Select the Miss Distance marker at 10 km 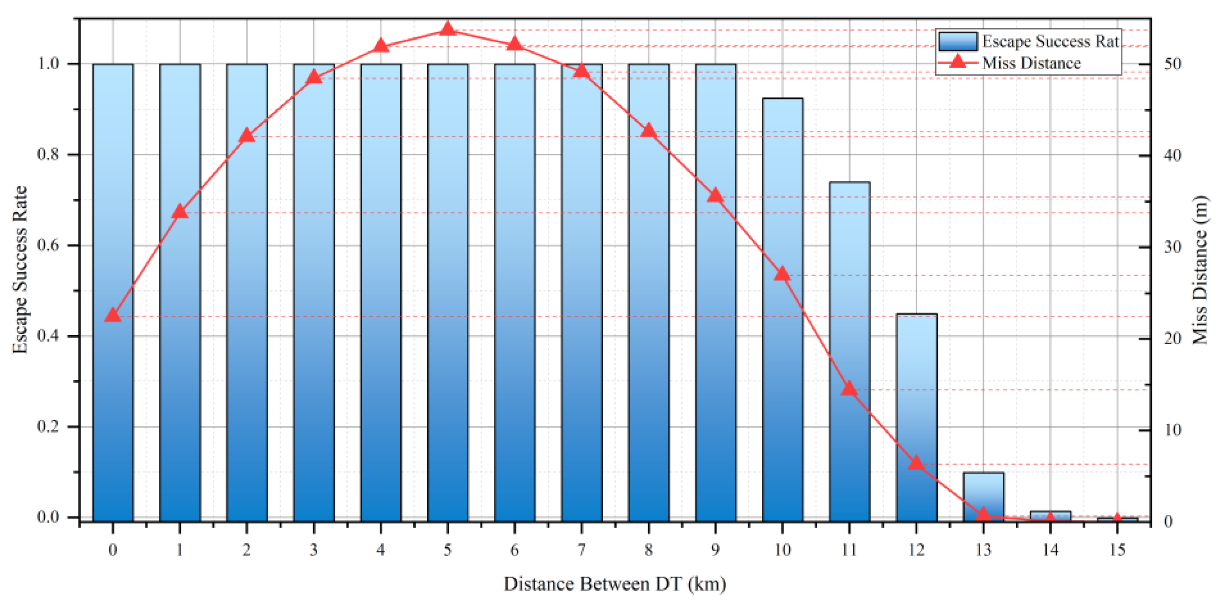click(x=782, y=274)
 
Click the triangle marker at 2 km click(x=247, y=136)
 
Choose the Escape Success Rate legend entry click(x=1028, y=41)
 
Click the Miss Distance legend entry click(x=1009, y=63)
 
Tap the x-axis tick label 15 click(x=1117, y=550)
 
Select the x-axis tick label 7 click(x=581, y=550)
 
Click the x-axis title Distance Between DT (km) click(x=615, y=584)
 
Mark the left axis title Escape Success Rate click(x=20, y=270)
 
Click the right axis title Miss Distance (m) click(x=1200, y=270)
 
